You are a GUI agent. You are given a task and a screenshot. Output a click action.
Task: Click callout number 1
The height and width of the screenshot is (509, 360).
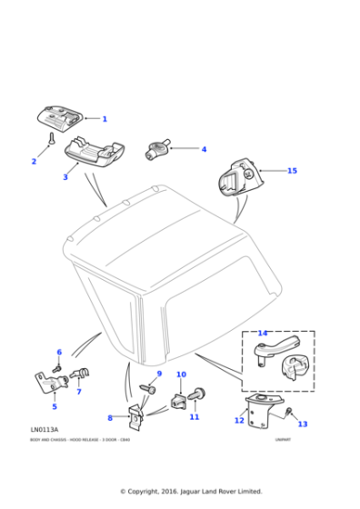[104, 119]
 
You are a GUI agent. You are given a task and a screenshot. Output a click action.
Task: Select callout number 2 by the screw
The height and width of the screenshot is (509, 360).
[34, 162]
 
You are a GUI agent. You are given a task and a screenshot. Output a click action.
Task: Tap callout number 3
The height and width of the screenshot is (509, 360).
[65, 177]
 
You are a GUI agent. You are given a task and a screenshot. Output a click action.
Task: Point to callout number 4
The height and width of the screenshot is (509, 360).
[204, 149]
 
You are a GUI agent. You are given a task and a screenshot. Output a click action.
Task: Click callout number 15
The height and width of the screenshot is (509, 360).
[292, 171]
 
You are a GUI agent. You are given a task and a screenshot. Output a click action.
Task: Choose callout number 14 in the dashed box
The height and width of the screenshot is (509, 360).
[262, 333]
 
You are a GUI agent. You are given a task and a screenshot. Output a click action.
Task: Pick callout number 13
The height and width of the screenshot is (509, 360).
[303, 424]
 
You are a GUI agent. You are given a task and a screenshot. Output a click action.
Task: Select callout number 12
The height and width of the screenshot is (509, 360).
[239, 420]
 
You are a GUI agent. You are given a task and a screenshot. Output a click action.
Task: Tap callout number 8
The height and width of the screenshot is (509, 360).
[110, 418]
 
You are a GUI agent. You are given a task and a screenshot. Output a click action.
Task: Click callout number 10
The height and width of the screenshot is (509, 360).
[181, 374]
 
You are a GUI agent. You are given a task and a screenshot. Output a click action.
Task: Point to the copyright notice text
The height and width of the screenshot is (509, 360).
[191, 492]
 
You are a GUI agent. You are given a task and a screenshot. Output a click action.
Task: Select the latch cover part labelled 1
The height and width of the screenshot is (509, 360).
[60, 116]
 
